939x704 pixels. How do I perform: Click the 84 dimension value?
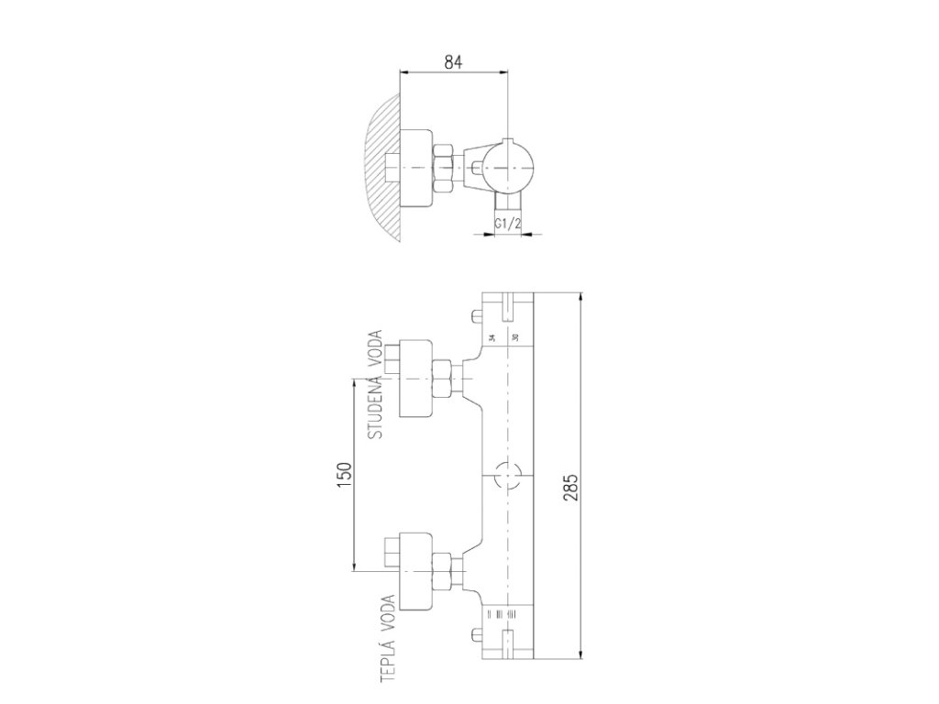452,62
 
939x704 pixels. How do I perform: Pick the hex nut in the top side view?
442,169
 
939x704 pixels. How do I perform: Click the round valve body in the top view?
507,169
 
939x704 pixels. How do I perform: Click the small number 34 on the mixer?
492,338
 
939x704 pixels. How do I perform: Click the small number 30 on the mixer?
516,338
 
